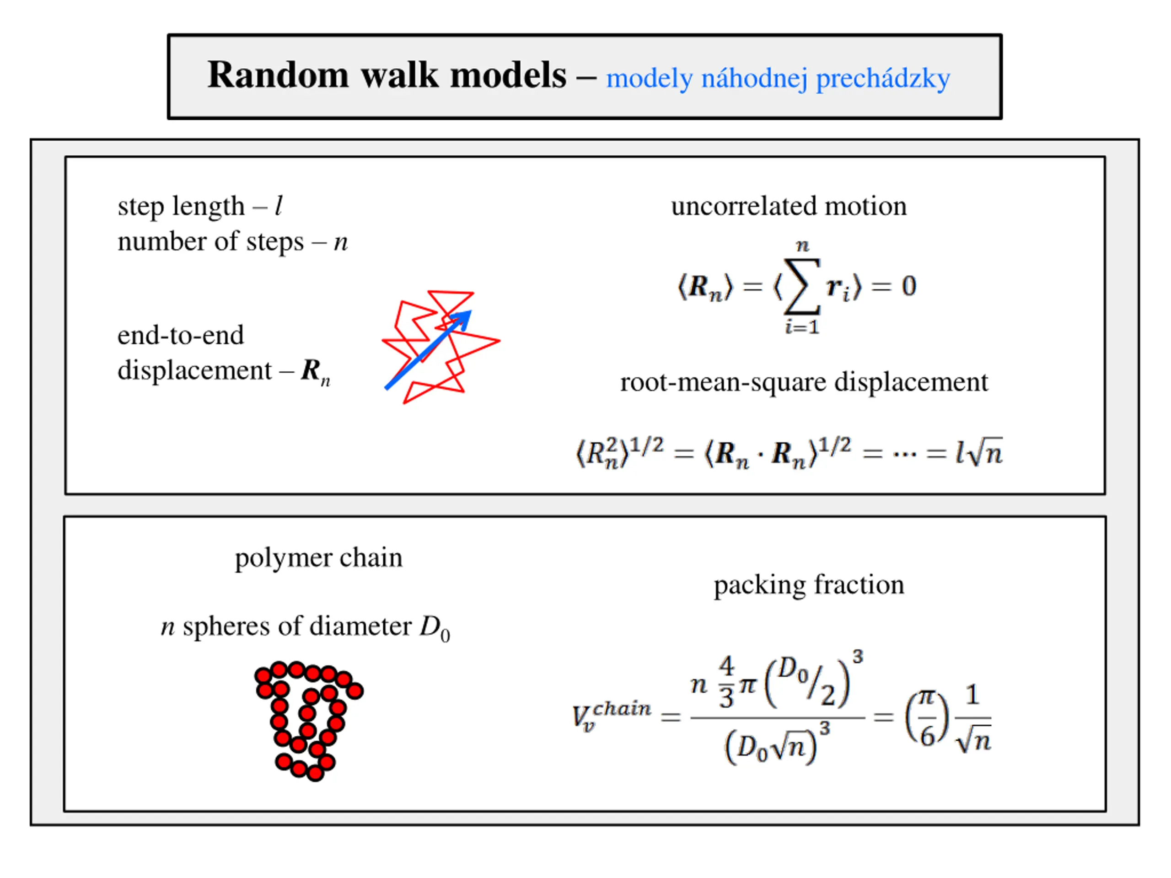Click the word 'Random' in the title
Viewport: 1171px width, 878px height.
click(x=278, y=75)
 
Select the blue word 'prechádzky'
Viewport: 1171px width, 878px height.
click(x=882, y=80)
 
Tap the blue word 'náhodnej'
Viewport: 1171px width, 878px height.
click(x=754, y=80)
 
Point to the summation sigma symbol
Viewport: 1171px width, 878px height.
click(x=802, y=286)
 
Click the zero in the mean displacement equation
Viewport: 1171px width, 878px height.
click(x=908, y=286)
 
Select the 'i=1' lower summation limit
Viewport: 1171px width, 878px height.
click(x=802, y=327)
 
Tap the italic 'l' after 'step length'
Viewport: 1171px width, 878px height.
click(x=279, y=205)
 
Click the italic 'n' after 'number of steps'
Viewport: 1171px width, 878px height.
click(x=340, y=242)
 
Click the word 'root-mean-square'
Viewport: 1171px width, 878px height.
click(x=722, y=381)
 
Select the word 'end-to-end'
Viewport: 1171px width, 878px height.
click(x=181, y=335)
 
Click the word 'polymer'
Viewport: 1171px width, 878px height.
click(x=283, y=558)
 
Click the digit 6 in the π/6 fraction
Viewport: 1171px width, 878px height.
click(x=927, y=736)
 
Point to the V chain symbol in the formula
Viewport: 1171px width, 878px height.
click(x=609, y=716)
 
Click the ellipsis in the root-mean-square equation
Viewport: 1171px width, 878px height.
click(x=904, y=454)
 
